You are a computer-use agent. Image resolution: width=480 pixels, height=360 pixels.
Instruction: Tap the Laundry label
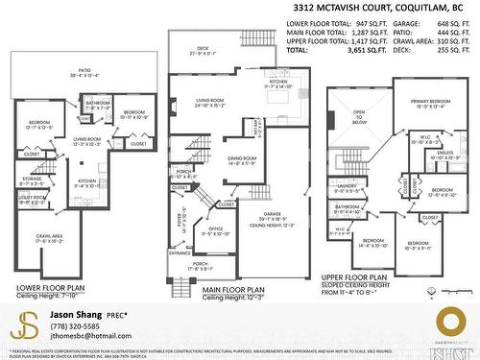[348, 187]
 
